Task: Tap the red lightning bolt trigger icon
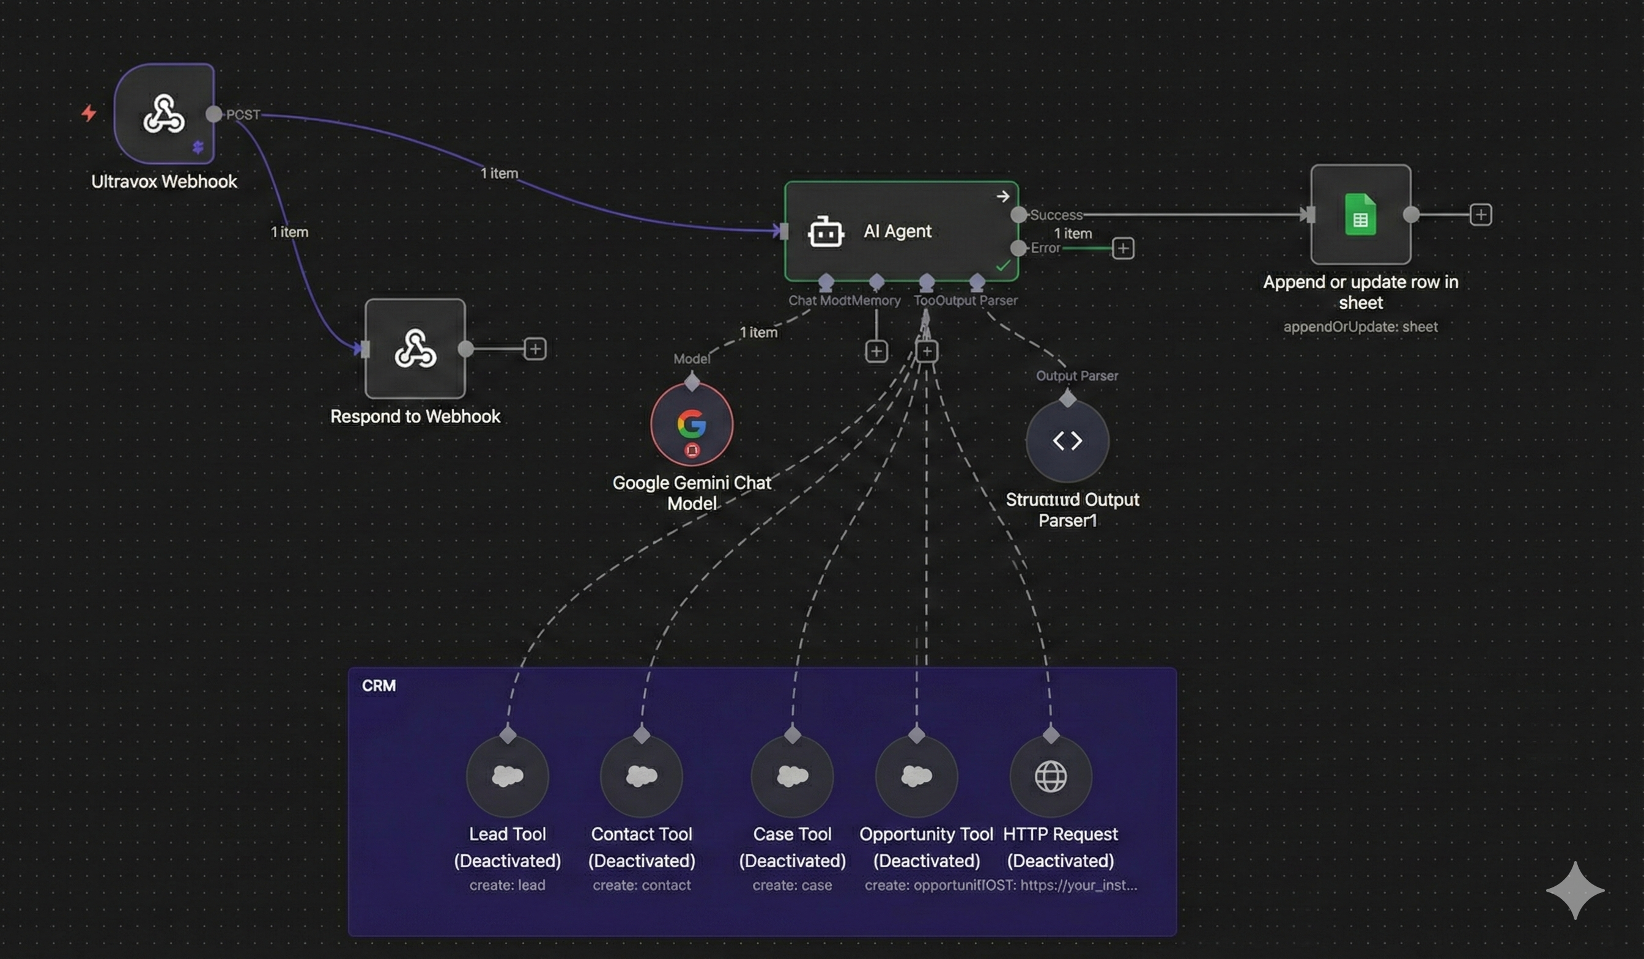(x=89, y=113)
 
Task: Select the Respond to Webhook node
(x=415, y=349)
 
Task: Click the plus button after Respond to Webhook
(x=535, y=349)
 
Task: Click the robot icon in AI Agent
(x=825, y=232)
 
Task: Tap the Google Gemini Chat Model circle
(x=692, y=424)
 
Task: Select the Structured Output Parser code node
(x=1067, y=441)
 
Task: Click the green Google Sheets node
(x=1360, y=215)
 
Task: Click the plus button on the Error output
(x=1123, y=248)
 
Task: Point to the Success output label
(x=1056, y=215)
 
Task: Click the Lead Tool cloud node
(x=508, y=776)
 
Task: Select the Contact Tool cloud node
(x=642, y=776)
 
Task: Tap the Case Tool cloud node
(x=792, y=776)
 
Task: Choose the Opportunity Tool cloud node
(x=917, y=776)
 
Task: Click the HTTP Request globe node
(x=1050, y=776)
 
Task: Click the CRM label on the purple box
(x=379, y=686)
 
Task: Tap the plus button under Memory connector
(x=876, y=352)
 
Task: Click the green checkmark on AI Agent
(x=1002, y=266)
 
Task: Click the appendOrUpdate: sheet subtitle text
(x=1360, y=327)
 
